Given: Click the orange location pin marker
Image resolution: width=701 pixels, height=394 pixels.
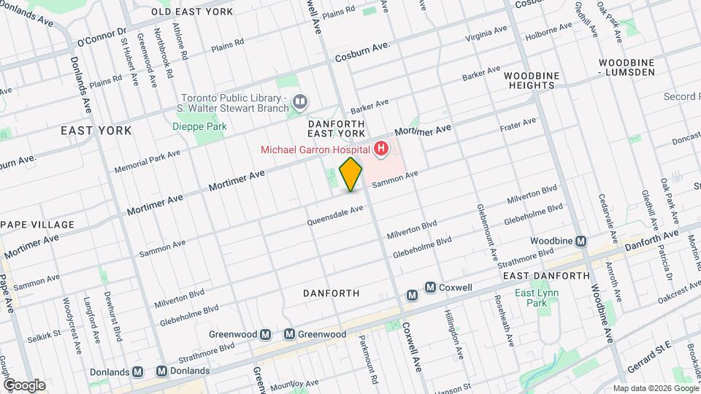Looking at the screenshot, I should tap(351, 174).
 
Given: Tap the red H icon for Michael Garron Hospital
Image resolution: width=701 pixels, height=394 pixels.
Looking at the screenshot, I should tap(380, 150).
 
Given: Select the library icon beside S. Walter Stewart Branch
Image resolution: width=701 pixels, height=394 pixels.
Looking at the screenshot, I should tap(299, 101).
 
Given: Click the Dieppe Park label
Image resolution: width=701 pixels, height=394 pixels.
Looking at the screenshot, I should tap(199, 126).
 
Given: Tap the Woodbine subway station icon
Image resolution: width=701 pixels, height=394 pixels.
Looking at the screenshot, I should tap(581, 241).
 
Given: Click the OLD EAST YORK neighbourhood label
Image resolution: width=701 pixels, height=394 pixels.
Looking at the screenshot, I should tap(192, 12).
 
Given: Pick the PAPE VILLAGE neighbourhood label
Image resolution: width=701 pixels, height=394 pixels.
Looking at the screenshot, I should tap(37, 224).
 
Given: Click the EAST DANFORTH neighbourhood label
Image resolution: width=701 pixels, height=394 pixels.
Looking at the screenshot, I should tap(546, 276).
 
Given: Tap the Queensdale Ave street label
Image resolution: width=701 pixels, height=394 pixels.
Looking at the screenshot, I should tap(334, 214).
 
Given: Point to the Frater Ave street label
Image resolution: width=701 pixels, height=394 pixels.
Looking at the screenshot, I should tap(518, 124).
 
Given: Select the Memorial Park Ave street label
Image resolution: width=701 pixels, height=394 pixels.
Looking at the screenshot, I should tap(147, 162).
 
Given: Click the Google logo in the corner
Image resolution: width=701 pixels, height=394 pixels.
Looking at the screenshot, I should tap(23, 385).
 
